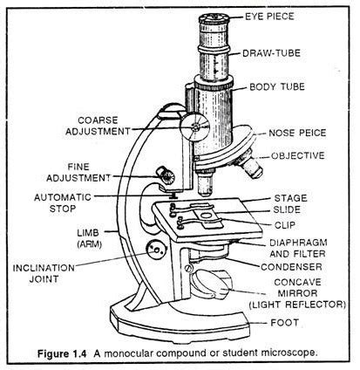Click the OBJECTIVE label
tap(298, 155)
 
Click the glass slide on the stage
tap(203, 216)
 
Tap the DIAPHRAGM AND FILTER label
tap(291, 249)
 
